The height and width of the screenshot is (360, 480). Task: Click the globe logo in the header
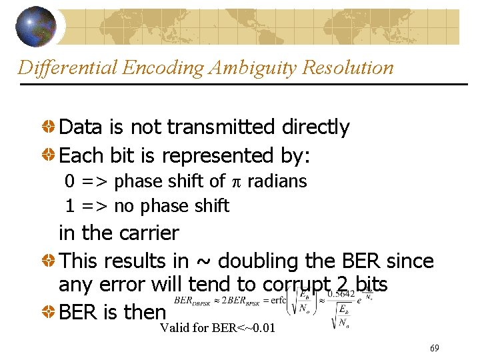[x=36, y=26]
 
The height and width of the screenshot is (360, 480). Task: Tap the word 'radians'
[x=277, y=181]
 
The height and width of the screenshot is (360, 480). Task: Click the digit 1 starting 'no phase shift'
[x=69, y=206]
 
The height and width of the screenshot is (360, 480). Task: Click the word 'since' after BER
[x=411, y=261]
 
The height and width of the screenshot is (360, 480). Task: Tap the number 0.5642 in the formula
[x=344, y=294]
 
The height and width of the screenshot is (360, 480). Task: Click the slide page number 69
[x=435, y=348]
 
